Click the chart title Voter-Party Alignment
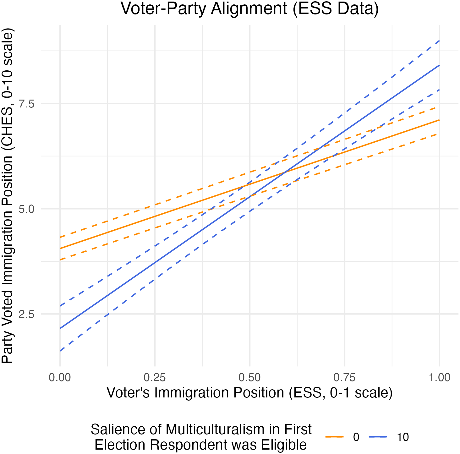point(249,9)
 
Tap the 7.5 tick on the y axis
point(26,103)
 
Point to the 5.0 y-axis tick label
point(26,209)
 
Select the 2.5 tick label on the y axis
point(26,314)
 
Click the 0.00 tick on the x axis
point(60,377)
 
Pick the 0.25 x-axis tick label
point(155,377)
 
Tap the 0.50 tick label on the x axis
point(250,377)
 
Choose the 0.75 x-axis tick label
point(345,377)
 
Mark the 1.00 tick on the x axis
point(439,377)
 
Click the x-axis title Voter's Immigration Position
point(249,393)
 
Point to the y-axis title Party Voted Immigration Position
point(8,196)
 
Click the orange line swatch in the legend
point(334,437)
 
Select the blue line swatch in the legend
point(378,437)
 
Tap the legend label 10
point(402,437)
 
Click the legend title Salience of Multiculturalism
point(201,437)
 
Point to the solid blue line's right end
point(439,65)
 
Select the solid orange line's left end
point(60,249)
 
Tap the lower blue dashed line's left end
point(60,351)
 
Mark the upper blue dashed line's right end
point(439,41)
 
